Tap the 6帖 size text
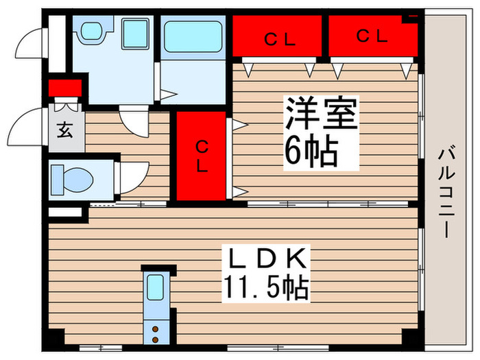pyautogui.click(x=311, y=152)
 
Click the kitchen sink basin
pyautogui.click(x=156, y=287)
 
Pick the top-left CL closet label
pyautogui.click(x=280, y=40)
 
